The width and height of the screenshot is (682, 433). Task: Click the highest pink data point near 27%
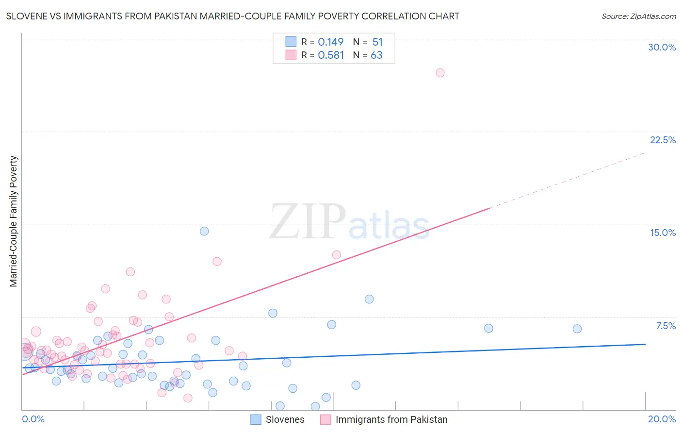(x=440, y=73)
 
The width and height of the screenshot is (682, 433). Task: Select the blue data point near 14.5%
(x=204, y=231)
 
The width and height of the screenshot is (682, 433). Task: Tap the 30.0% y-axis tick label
(x=662, y=47)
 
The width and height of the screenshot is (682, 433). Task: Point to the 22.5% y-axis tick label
(x=663, y=140)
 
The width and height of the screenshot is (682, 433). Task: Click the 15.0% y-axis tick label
(x=663, y=233)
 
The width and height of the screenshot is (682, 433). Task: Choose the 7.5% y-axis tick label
(x=666, y=326)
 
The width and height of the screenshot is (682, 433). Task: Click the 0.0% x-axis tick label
(x=33, y=419)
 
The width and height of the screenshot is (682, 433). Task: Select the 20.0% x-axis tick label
(x=662, y=419)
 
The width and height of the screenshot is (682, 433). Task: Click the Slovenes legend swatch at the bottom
(x=256, y=419)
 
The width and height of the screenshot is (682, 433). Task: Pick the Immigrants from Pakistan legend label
(x=391, y=419)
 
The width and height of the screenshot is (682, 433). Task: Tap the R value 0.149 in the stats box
(x=331, y=42)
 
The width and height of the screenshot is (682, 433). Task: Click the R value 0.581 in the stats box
(x=331, y=55)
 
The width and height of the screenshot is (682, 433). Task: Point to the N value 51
(x=377, y=42)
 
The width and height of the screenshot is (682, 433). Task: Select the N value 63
(x=376, y=55)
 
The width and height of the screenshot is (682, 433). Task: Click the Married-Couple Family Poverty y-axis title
(x=14, y=221)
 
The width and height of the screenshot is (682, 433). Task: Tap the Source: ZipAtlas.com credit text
(x=638, y=17)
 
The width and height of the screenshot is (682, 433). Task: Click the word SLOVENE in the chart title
(x=27, y=16)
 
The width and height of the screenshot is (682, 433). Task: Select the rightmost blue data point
(x=577, y=329)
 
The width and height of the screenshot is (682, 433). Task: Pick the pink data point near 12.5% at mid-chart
(x=336, y=255)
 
